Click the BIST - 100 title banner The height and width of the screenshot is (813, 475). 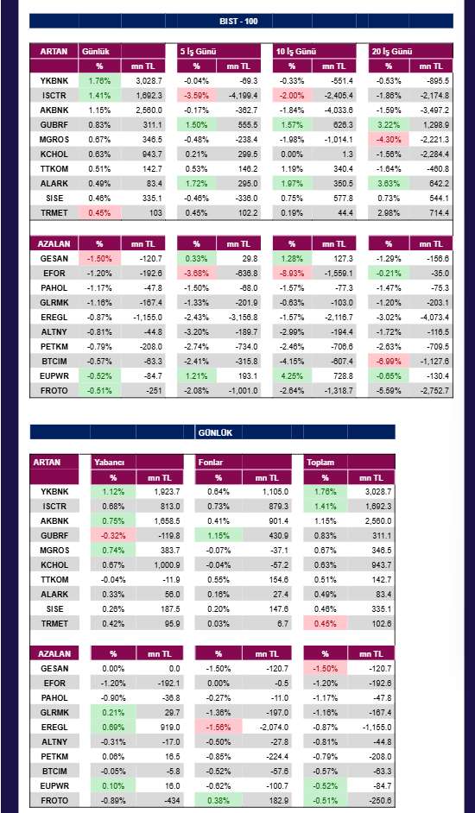click(x=241, y=21)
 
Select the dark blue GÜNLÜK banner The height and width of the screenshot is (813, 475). click(x=212, y=432)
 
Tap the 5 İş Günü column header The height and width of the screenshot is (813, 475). click(x=198, y=51)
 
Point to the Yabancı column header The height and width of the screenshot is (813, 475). click(x=108, y=462)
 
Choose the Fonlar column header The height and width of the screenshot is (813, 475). click(x=211, y=462)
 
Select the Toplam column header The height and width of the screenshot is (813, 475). click(x=319, y=462)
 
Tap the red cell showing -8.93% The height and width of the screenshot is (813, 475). click(x=292, y=273)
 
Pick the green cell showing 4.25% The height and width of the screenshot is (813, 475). click(x=292, y=375)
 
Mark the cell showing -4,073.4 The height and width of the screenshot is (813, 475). click(x=431, y=317)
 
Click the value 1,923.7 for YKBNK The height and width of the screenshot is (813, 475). click(x=160, y=492)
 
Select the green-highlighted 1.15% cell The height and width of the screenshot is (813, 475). click(x=218, y=536)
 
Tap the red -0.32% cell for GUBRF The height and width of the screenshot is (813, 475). click(x=113, y=536)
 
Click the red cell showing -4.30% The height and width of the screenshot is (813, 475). click(x=389, y=140)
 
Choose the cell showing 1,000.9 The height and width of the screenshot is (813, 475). click(x=160, y=564)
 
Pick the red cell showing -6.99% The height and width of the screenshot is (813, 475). click(x=389, y=361)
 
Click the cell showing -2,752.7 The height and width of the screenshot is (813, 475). click(x=431, y=390)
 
